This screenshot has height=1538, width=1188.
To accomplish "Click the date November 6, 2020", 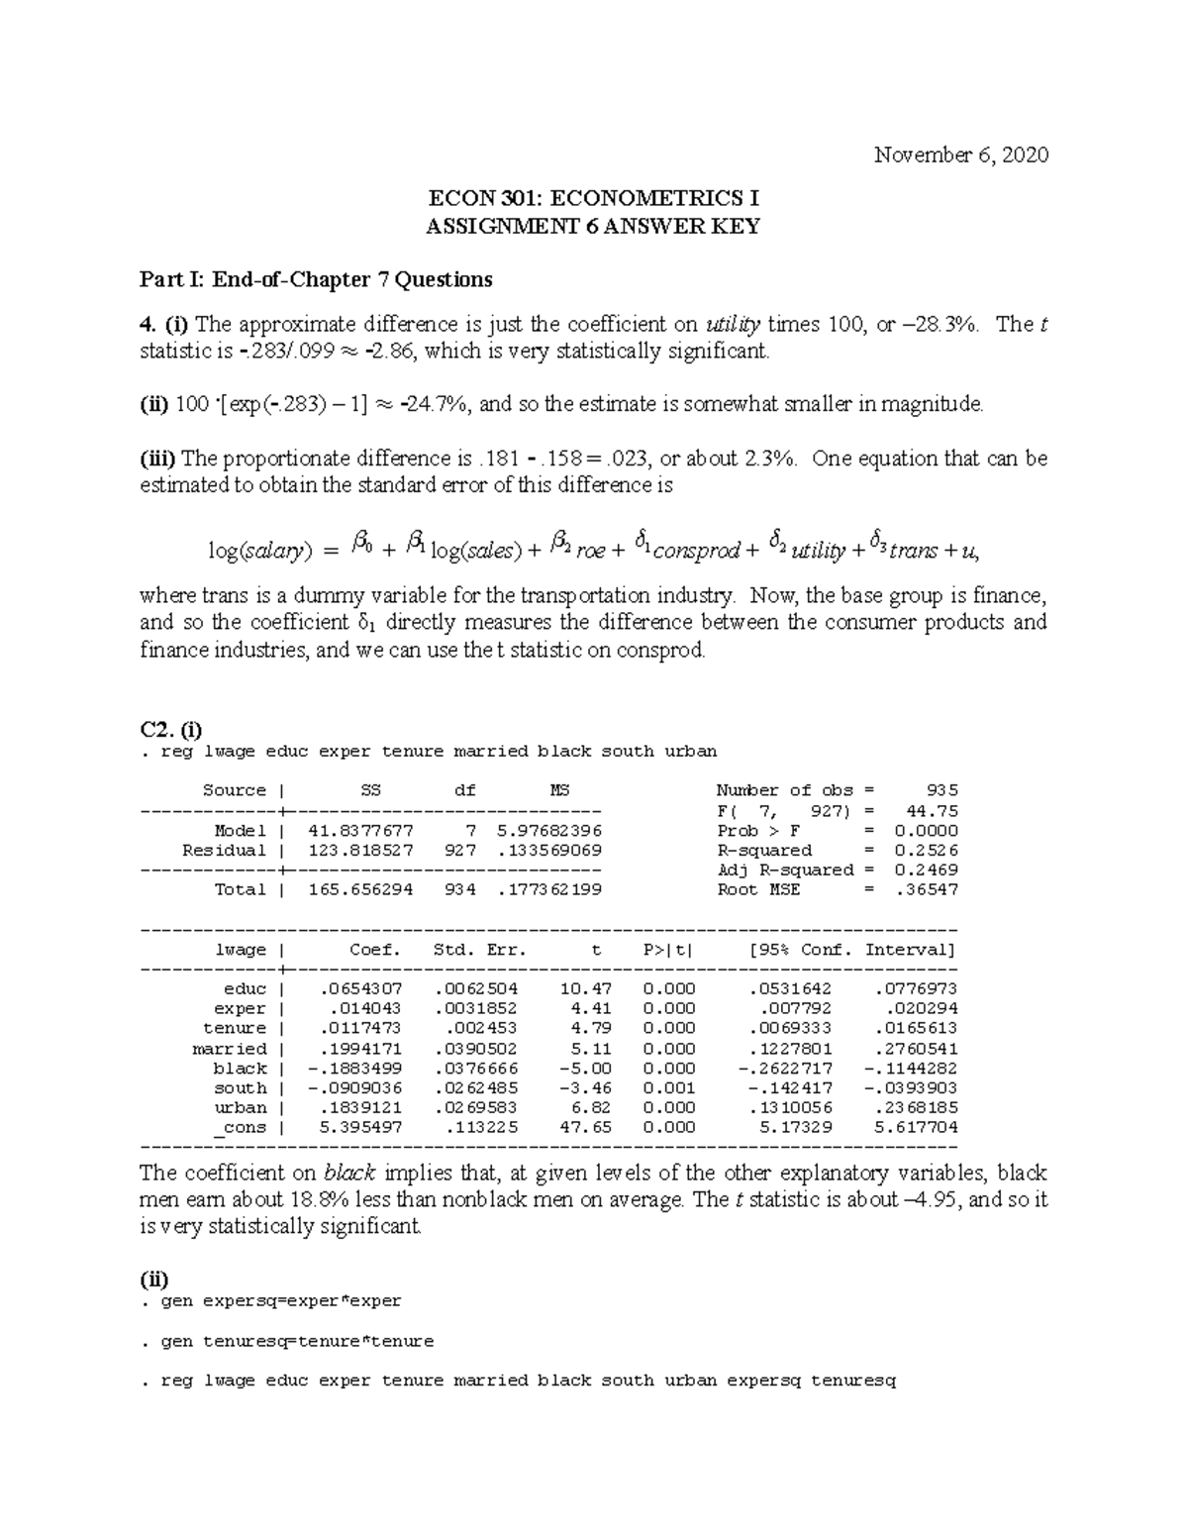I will pos(960,155).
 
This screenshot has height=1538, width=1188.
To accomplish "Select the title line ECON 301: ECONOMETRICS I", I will pos(592,198).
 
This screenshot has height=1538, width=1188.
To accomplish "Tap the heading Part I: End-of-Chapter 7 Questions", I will pos(316,279).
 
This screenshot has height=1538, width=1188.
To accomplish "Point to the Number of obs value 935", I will pos(941,790).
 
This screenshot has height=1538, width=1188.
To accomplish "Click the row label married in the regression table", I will pos(230,1049).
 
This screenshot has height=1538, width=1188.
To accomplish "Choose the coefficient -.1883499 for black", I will pos(356,1069).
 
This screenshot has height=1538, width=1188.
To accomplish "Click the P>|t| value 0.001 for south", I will pos(669,1088).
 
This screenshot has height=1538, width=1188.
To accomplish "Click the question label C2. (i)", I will pos(171,730).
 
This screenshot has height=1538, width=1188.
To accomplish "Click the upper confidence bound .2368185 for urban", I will pos(916,1108).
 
